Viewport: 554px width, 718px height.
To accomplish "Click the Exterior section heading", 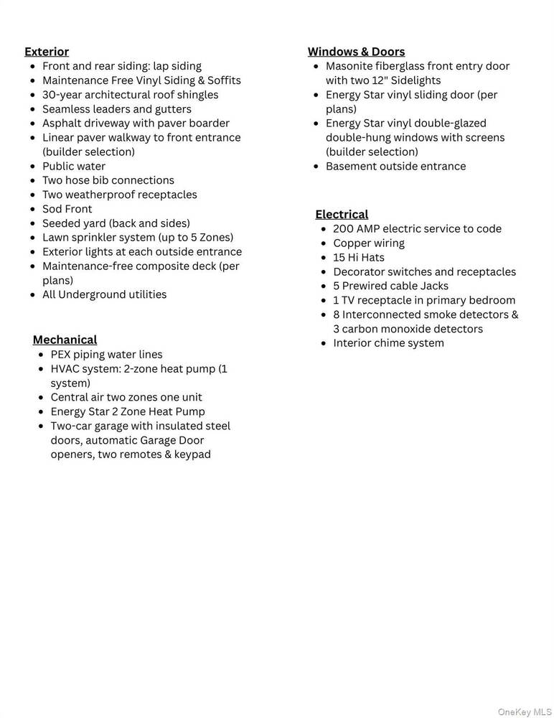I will point(47,52).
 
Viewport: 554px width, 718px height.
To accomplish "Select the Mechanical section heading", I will point(65,340).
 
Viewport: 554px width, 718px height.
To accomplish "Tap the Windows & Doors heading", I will point(356,52).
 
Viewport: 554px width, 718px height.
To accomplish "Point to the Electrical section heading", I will point(342,214).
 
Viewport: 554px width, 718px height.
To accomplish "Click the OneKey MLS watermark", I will point(524,712).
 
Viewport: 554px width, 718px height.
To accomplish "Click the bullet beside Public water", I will point(33,167).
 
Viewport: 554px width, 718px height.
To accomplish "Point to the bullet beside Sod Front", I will point(33,209).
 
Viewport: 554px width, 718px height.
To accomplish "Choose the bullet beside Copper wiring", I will point(324,243).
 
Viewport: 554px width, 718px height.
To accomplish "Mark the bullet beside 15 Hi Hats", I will point(324,258).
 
